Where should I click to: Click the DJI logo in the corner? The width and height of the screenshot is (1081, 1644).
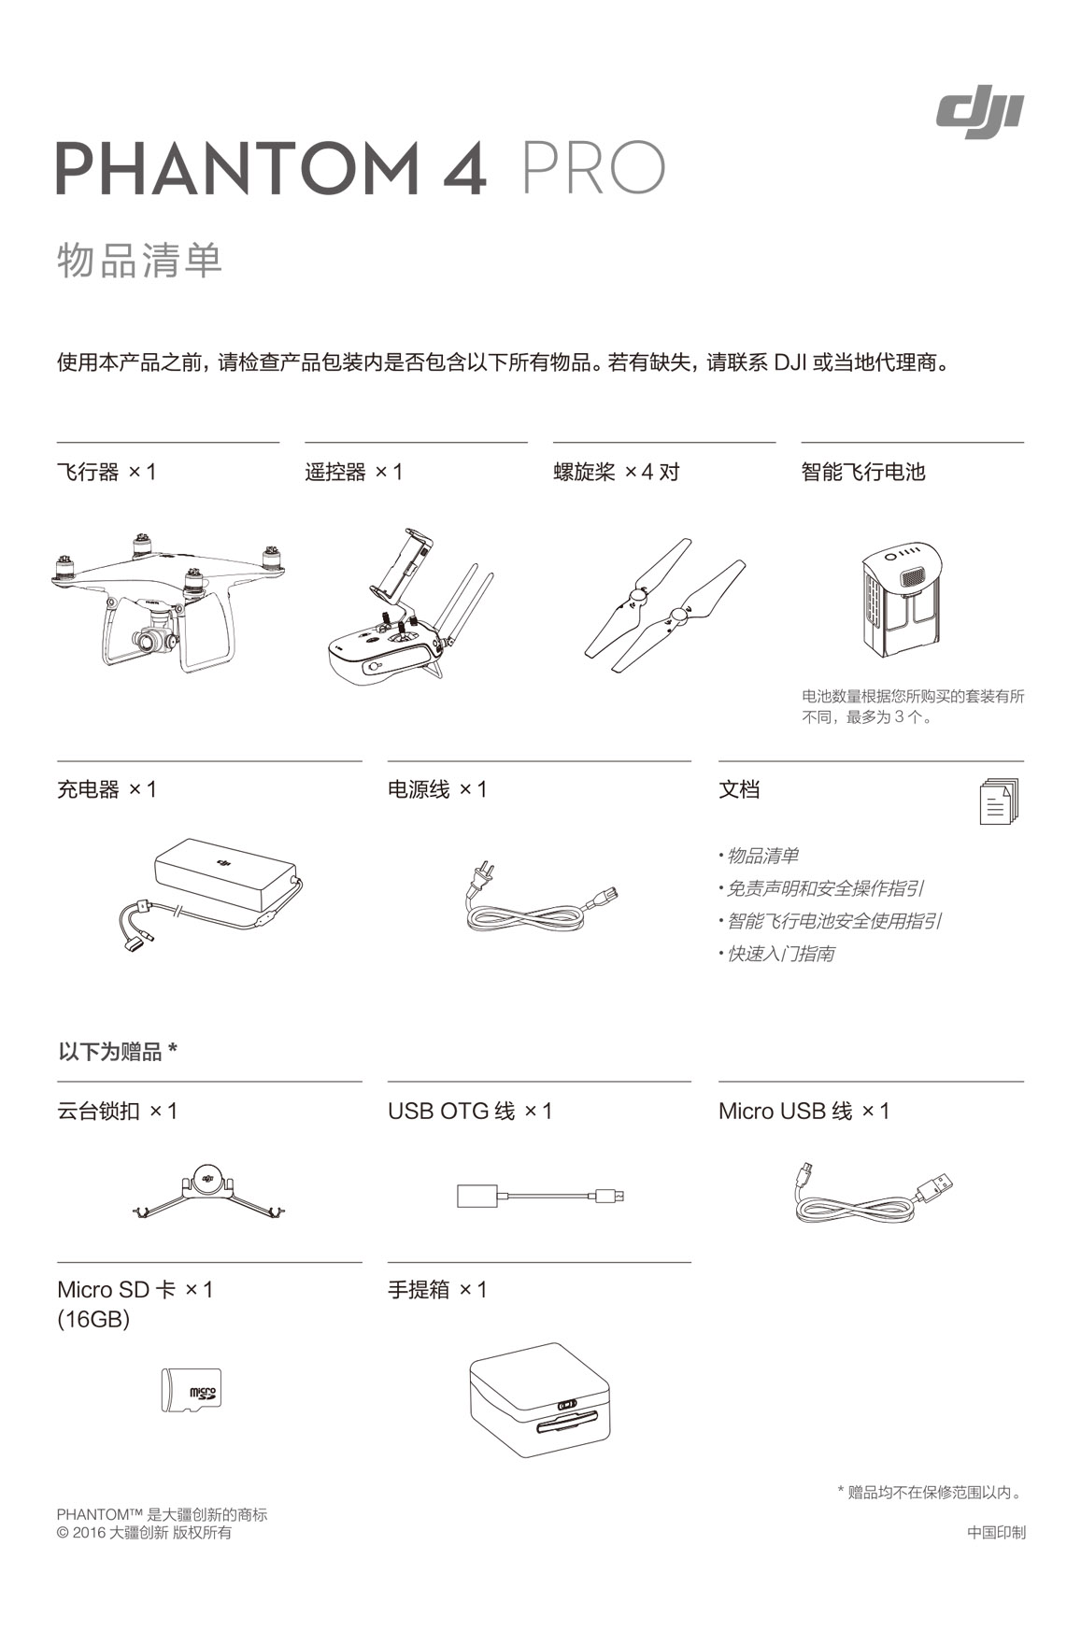[979, 115]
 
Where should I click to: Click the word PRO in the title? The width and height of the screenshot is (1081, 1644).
[593, 169]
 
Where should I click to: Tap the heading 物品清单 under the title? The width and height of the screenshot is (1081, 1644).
[140, 260]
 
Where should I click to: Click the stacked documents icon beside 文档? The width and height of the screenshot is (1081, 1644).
[999, 801]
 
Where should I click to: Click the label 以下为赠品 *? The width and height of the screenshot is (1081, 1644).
[118, 1052]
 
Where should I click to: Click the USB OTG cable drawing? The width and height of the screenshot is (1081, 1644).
[540, 1195]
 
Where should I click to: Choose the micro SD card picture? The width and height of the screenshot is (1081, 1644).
[191, 1391]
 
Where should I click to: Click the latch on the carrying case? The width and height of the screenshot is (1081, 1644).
[567, 1405]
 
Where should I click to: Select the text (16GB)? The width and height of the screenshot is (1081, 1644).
[93, 1319]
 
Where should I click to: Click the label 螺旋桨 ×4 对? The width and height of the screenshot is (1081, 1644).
[617, 472]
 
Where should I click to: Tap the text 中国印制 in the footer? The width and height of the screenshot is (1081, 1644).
[996, 1532]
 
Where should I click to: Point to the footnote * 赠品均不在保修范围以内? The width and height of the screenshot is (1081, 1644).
[931, 1492]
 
